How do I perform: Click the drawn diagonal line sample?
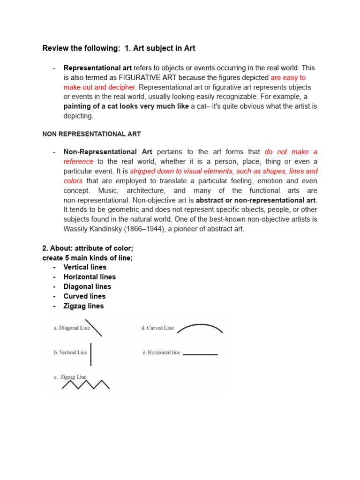point(94,328)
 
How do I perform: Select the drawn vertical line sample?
point(90,354)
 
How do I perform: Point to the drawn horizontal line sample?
point(200,354)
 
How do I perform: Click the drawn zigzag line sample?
point(86,384)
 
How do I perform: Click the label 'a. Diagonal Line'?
point(72,328)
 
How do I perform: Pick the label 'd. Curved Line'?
point(157,328)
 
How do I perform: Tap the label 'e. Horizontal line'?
point(161,352)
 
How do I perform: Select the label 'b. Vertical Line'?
point(70,352)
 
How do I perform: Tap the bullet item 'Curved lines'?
point(84,296)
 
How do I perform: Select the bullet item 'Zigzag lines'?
point(83,306)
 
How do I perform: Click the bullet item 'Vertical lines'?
point(85,267)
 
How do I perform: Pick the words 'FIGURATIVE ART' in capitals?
point(148,77)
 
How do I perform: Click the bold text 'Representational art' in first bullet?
point(97,67)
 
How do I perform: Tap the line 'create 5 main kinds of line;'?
point(87,258)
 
